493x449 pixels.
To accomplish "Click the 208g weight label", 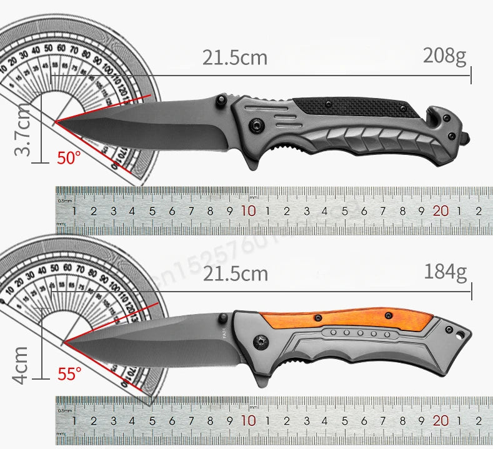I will [445, 57].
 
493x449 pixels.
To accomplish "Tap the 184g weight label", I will [446, 272].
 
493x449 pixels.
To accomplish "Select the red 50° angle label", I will [69, 157].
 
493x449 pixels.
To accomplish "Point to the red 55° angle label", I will [69, 374].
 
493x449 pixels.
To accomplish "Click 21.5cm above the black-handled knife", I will [234, 57].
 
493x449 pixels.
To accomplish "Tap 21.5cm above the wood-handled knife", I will [235, 273].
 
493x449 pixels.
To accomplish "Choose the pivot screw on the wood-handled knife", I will [261, 341].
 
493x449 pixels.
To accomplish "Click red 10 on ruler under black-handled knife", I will [248, 211].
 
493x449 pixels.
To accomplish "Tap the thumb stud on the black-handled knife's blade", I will [221, 100].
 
